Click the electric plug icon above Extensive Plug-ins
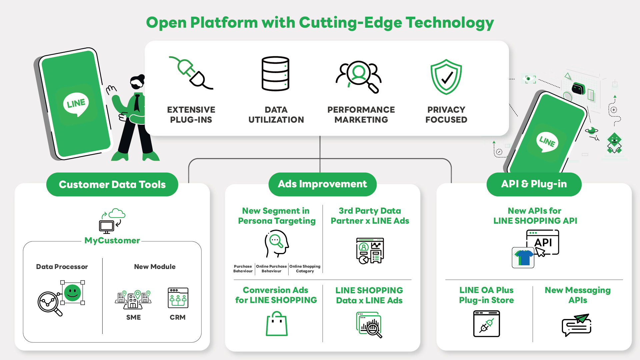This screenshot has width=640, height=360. click(191, 73)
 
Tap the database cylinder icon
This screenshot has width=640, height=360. click(275, 74)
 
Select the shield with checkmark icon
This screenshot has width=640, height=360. click(446, 77)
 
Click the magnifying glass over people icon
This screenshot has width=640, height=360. click(359, 76)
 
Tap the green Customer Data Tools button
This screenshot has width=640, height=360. click(112, 184)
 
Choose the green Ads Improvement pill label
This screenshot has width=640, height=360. click(322, 184)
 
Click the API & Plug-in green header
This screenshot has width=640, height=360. click(534, 184)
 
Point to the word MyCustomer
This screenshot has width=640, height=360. click(112, 240)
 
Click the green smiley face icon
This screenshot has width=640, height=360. click(72, 293)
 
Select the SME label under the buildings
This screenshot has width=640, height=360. click(133, 317)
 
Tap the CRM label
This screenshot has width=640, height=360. click(177, 317)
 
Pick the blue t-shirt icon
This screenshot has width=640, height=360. click(523, 258)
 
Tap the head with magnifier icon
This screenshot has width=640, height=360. click(276, 244)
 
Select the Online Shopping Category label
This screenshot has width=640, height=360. click(305, 269)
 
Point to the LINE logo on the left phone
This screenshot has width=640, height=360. click(76, 104)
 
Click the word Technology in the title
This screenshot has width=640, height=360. click(450, 23)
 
